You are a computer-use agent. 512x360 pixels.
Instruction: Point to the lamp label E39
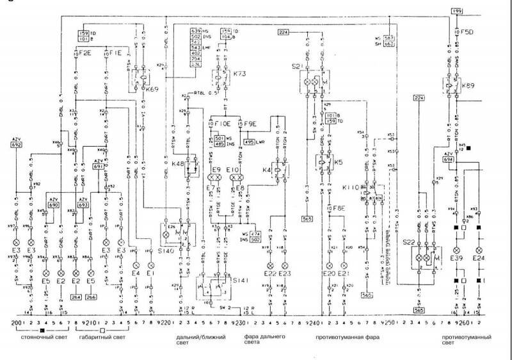[456, 258]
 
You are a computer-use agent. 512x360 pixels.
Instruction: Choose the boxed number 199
[456, 12]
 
